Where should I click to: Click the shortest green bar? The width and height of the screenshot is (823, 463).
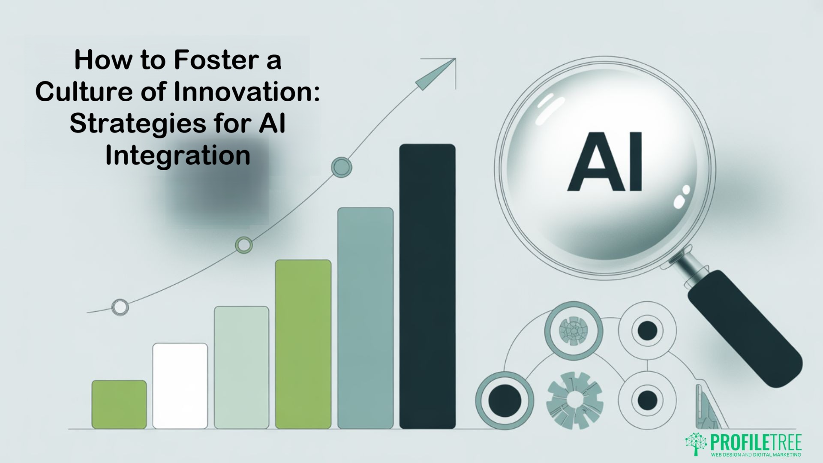(119, 404)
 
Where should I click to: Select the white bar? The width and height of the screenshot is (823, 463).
(180, 385)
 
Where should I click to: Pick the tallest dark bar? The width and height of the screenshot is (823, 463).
(427, 286)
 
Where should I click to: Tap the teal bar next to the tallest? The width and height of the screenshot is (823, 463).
(365, 318)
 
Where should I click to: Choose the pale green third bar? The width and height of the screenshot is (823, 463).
(241, 367)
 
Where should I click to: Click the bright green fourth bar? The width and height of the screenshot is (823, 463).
(303, 344)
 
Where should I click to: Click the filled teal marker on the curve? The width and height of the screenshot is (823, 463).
(342, 167)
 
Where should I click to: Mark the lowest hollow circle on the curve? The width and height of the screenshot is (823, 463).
(120, 307)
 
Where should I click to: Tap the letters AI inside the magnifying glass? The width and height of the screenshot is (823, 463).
(605, 162)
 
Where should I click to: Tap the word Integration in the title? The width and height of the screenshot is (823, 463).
(177, 156)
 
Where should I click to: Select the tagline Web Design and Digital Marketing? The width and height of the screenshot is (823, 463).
(756, 454)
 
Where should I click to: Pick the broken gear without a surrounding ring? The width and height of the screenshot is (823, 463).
(574, 400)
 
